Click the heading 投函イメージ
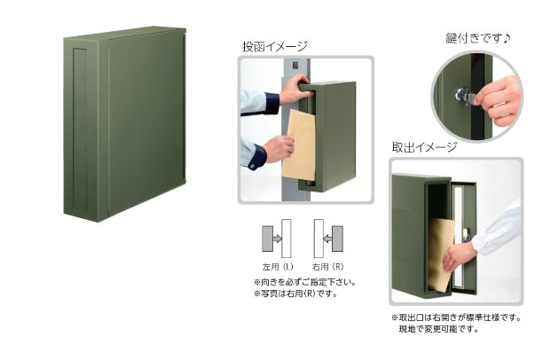(x=275, y=46)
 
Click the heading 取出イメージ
(x=424, y=147)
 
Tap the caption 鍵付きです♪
(x=478, y=38)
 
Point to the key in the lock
(x=467, y=97)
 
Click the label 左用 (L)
(x=278, y=267)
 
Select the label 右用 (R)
(x=328, y=267)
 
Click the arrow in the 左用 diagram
(x=278, y=239)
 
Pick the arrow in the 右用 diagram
(x=327, y=239)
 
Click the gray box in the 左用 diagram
(x=268, y=239)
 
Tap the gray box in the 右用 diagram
(x=337, y=239)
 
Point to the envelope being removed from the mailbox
(x=439, y=254)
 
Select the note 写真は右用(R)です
(x=295, y=293)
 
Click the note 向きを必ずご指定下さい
(x=305, y=282)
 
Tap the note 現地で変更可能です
(x=439, y=329)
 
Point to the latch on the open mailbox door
(x=466, y=234)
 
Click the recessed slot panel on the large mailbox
(x=80, y=129)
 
